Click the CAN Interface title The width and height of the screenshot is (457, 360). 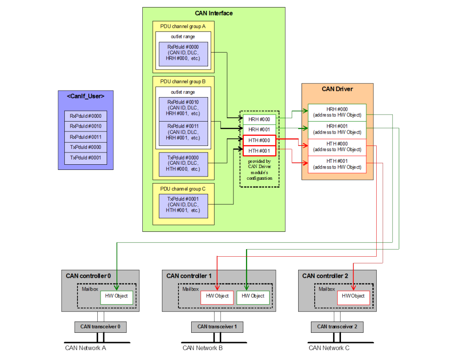[x=214, y=13]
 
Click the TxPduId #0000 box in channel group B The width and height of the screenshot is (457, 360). [x=183, y=163]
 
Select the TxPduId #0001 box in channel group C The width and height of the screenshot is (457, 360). [x=183, y=205]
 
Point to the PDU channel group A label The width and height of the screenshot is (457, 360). [x=180, y=26]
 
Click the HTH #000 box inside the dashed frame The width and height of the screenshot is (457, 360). [x=259, y=140]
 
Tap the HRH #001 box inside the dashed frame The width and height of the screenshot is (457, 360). [x=259, y=130]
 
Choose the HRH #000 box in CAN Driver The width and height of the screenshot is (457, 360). [x=337, y=112]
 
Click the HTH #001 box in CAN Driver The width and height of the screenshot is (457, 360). [x=337, y=164]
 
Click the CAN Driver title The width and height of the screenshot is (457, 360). [x=337, y=89]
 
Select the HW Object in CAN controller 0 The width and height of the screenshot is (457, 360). [x=117, y=296]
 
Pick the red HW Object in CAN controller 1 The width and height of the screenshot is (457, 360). [x=217, y=296]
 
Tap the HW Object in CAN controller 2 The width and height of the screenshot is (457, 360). [x=353, y=296]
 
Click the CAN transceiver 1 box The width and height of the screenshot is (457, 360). [x=217, y=327]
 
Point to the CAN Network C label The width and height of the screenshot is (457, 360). [x=329, y=348]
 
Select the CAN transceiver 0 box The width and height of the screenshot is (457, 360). [x=100, y=327]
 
